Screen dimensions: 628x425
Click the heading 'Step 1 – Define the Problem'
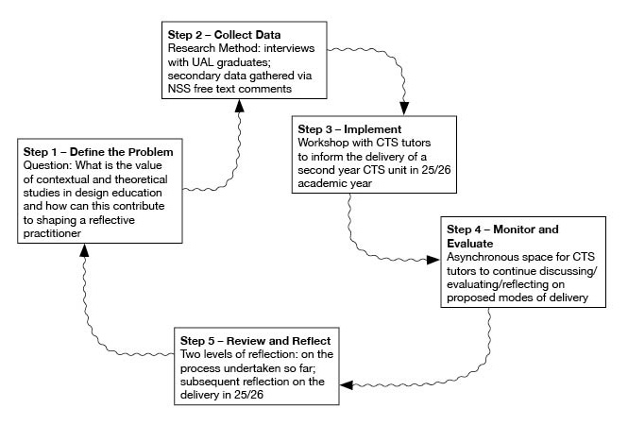pos(98,152)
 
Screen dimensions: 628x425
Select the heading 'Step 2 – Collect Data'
pos(225,35)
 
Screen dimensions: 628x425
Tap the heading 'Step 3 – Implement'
pos(349,129)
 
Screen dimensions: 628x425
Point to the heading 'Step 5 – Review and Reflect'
pos(256,341)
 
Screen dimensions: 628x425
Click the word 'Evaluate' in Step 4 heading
pos(469,244)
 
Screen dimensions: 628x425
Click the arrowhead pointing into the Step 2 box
pos(240,106)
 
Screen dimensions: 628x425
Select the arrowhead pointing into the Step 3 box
pos(404,109)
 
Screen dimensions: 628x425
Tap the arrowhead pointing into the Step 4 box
pos(433,260)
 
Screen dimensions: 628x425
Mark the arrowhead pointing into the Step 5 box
pos(347,385)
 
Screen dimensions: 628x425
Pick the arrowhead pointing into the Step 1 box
pos(84,250)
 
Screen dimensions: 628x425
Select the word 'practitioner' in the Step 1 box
pos(52,233)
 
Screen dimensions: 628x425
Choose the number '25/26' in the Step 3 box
pos(435,170)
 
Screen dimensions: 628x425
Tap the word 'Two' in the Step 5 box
pos(189,354)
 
